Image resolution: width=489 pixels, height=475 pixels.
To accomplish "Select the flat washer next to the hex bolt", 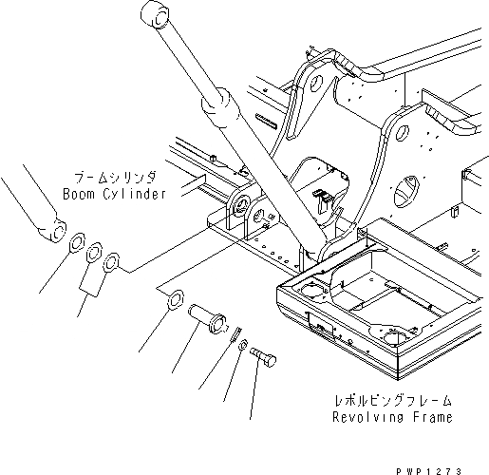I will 243,345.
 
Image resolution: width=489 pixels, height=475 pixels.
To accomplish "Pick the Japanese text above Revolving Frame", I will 392,401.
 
